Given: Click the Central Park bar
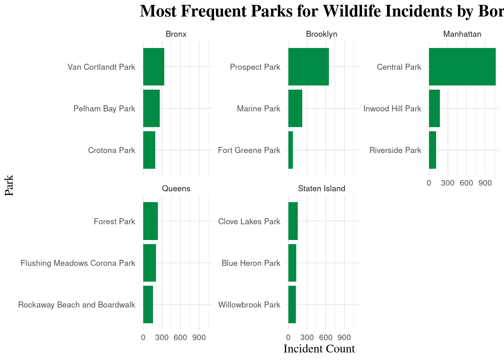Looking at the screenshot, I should click(x=462, y=67).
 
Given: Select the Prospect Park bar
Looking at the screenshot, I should click(x=308, y=67).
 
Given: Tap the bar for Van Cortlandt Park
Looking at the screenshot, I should click(x=153, y=67).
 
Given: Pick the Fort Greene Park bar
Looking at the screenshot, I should click(x=291, y=150).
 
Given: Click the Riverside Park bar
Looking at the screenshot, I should click(x=432, y=150).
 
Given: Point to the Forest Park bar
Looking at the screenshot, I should click(x=150, y=221).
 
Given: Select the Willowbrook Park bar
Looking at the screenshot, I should click(x=292, y=304).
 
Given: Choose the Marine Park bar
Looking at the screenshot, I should click(x=295, y=108).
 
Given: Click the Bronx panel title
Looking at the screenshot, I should click(x=176, y=34).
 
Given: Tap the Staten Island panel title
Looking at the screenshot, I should click(x=321, y=189).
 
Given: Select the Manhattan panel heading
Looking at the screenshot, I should click(x=462, y=34).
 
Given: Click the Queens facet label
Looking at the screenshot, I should click(x=176, y=189).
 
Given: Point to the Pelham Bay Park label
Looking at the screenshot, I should click(x=104, y=109).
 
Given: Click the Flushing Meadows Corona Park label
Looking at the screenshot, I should click(x=78, y=263).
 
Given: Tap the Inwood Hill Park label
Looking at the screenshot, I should click(x=392, y=109).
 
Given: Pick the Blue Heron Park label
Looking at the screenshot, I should click(x=251, y=263).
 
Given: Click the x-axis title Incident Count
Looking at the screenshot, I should click(x=319, y=349).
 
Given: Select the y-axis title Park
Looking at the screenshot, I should click(x=9, y=185).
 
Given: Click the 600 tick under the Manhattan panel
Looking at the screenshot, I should click(x=466, y=183).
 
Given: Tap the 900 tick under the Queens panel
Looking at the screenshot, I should click(x=199, y=337).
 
